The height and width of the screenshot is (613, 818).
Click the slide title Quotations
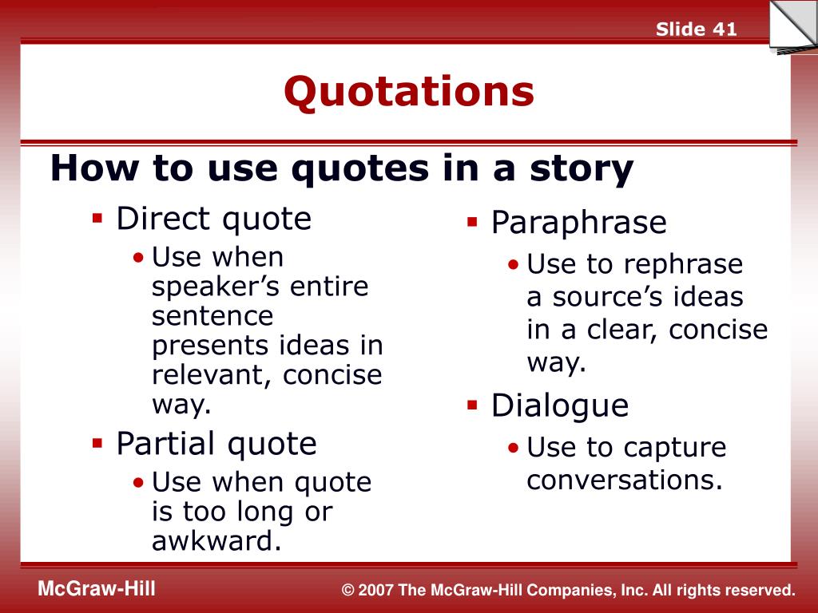click(x=409, y=92)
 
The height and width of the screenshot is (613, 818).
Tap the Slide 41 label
click(x=696, y=29)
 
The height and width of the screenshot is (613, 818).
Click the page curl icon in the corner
click(x=793, y=27)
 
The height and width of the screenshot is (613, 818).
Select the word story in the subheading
click(x=582, y=169)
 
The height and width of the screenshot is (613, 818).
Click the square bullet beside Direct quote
click(x=97, y=217)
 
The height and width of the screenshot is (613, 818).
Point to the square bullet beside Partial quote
click(x=97, y=443)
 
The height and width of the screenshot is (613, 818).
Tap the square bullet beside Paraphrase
click(x=472, y=222)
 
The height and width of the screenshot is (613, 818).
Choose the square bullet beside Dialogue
click(x=472, y=405)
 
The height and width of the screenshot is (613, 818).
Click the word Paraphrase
click(x=578, y=223)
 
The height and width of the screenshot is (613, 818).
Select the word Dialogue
click(x=560, y=406)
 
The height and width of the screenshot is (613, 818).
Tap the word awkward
click(x=216, y=540)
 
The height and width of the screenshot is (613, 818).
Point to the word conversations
click(x=625, y=480)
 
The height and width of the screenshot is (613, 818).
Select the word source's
click(x=609, y=297)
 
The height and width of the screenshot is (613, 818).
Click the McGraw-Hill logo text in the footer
click(x=97, y=588)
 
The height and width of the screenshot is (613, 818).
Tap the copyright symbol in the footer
click(x=348, y=590)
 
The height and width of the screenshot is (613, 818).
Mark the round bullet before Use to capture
click(x=514, y=447)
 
